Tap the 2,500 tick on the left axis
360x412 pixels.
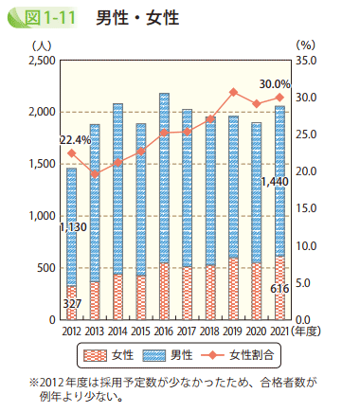point(42,61)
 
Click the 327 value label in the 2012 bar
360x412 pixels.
point(72,303)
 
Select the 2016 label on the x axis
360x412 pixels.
point(165,331)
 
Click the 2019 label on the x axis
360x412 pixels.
point(233,331)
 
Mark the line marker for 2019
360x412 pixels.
point(233,92)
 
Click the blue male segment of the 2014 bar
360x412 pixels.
point(117,189)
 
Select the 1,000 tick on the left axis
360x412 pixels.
point(42,216)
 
